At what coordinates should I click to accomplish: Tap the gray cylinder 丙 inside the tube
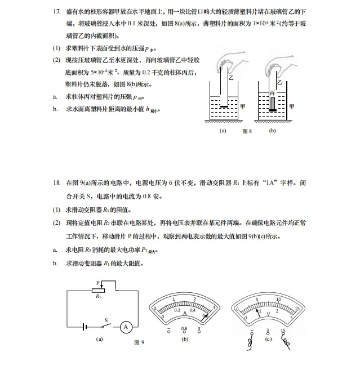273,104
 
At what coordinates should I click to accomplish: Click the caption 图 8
246,131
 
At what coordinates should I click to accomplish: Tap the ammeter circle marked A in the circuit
127,327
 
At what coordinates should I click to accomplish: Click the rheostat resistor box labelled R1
98,290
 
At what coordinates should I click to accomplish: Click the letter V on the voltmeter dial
268,313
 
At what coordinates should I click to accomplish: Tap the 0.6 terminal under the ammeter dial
184,329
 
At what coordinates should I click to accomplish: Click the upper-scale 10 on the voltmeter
278,299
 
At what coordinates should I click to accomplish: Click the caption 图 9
139,342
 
